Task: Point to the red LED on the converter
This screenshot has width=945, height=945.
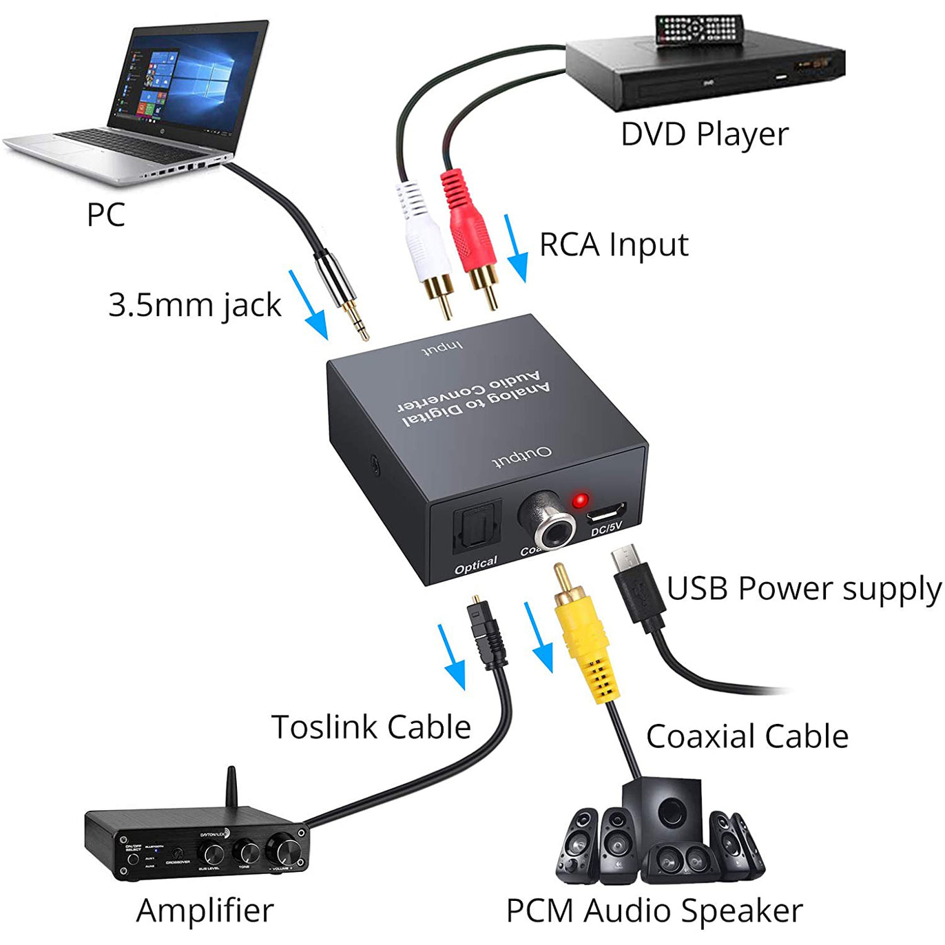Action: coord(581,500)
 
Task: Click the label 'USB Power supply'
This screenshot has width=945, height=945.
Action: coord(803,590)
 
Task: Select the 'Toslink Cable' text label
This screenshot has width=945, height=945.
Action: coord(371,727)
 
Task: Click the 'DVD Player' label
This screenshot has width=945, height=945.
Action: coord(704,134)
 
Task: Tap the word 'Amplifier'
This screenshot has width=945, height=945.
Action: coord(205,911)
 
